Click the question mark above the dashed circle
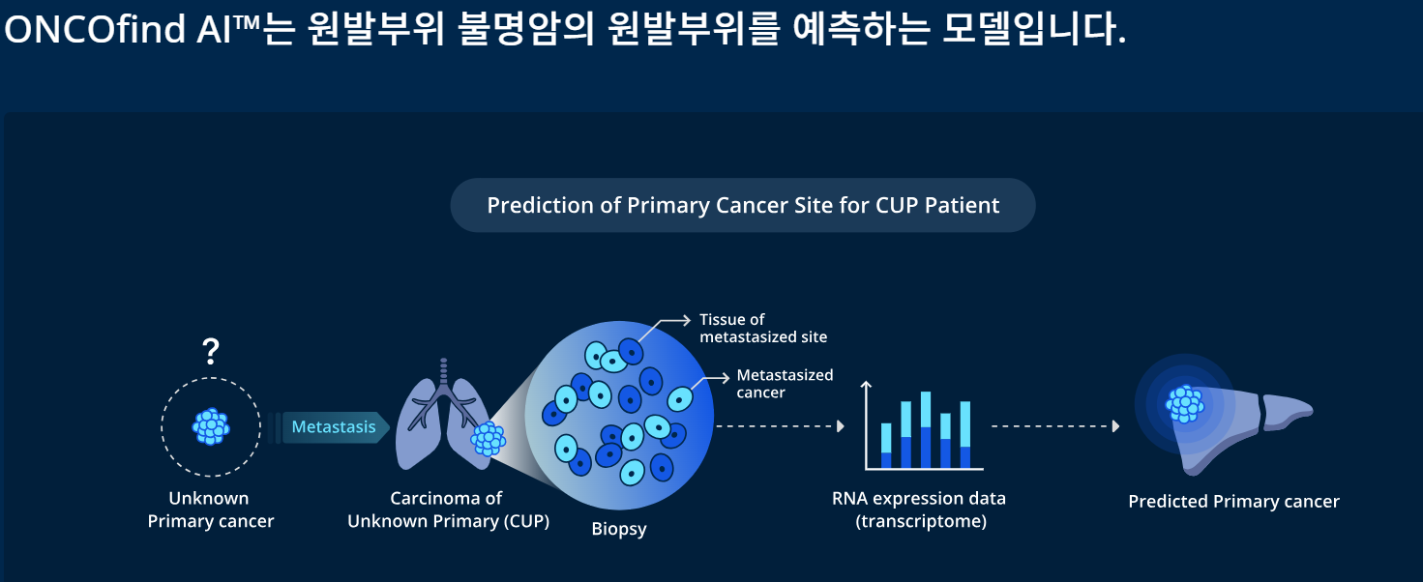pos(211,351)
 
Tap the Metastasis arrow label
pos(334,427)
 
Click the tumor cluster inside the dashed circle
pos(211,426)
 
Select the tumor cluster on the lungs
pos(488,439)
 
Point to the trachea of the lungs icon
pos(443,374)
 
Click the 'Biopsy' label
pos(619,529)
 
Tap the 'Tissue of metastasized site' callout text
pos(763,328)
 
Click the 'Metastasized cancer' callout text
pos(785,384)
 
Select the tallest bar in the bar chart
pos(926,429)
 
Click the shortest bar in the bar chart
pos(886,446)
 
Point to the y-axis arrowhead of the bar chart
pos(866,384)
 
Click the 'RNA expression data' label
pos(919,498)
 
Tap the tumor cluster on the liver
pos(1184,404)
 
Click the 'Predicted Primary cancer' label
pos(1233,502)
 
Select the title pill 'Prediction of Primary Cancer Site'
pos(743,205)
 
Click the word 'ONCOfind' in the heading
pos(95,29)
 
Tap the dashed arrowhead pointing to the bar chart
pos(841,426)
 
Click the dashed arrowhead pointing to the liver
pos(1116,426)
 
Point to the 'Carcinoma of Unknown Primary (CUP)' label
pos(448,509)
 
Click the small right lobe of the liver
pos(1287,411)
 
